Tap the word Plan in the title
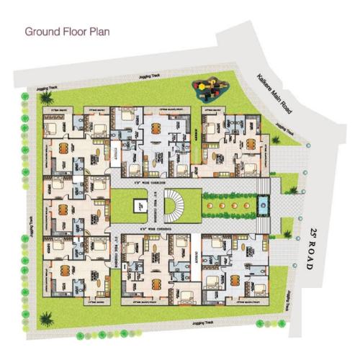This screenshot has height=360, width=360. click(x=99, y=32)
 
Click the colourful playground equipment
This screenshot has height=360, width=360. click(x=210, y=87)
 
